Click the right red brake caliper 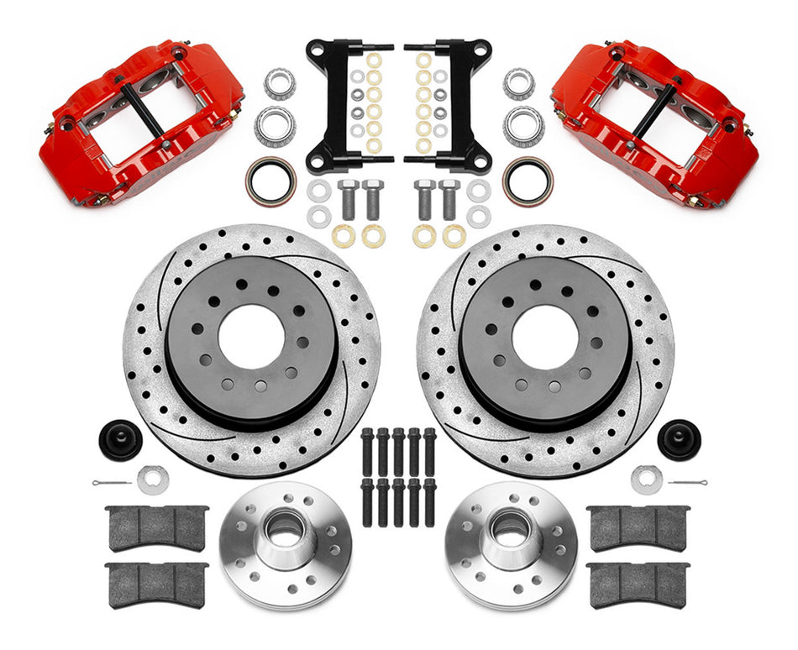(655, 122)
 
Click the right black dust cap (678, 438)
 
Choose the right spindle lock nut (645, 479)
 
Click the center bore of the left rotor (250, 336)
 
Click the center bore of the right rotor (545, 336)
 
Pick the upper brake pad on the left (157, 527)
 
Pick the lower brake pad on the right (638, 584)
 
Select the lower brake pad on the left (157, 584)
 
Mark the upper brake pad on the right (638, 527)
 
